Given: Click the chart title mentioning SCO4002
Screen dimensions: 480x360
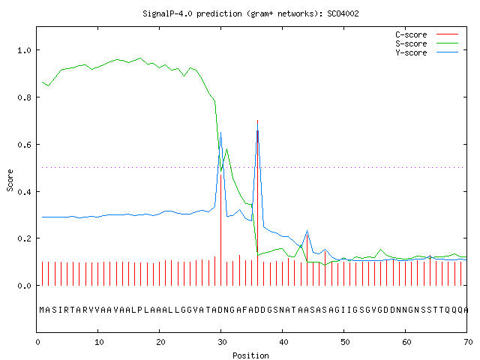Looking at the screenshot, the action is (x=250, y=13).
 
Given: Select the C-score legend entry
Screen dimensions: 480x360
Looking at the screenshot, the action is (x=427, y=34).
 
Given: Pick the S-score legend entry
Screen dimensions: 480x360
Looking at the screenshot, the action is (x=427, y=43).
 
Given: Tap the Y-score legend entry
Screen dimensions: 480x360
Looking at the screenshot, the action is (x=427, y=52).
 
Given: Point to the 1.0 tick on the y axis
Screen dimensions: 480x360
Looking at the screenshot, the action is (x=25, y=50).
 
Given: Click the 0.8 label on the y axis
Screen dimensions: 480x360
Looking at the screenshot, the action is (x=25, y=97).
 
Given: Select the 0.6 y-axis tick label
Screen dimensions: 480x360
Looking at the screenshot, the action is (x=25, y=145).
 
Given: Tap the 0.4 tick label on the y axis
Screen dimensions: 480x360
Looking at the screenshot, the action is (x=25, y=192).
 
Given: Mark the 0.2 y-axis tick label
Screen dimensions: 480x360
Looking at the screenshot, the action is (x=25, y=238).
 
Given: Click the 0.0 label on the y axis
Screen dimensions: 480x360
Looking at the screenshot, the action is (x=25, y=286).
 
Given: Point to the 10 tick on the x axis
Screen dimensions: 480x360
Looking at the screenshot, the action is (x=99, y=342).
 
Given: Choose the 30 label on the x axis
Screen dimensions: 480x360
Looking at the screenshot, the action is (x=222, y=342).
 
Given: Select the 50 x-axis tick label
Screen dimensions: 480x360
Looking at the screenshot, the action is (x=345, y=342).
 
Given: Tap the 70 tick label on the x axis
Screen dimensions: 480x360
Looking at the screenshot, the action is (x=468, y=342).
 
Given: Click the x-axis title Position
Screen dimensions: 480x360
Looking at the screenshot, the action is (x=250, y=355).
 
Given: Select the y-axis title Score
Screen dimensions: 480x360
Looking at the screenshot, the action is (x=10, y=180).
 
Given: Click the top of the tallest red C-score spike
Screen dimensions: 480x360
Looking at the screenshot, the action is (x=258, y=120).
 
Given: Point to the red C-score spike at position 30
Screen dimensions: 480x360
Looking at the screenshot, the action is (x=220, y=230).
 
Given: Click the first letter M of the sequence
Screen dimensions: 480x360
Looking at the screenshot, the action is (x=42, y=310).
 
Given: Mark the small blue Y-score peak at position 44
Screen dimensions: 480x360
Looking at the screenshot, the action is (x=307, y=231).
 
